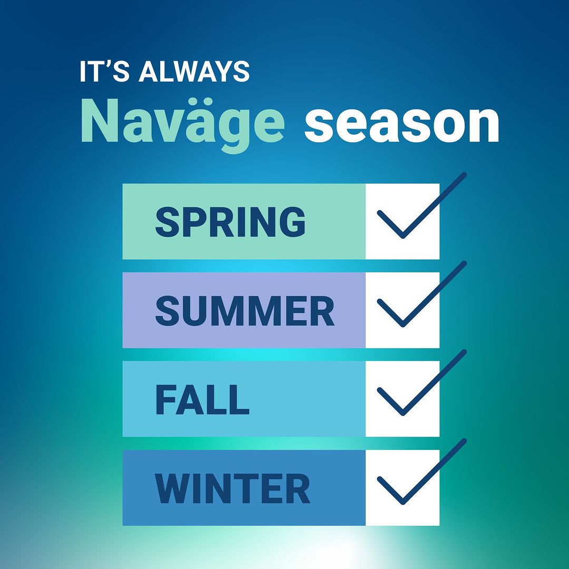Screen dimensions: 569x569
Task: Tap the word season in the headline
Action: tap(402, 124)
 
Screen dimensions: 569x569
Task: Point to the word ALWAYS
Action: tap(194, 71)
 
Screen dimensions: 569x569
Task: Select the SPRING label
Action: tap(230, 222)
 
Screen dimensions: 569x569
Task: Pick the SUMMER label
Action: tap(245, 311)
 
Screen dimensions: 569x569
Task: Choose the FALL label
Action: tap(202, 399)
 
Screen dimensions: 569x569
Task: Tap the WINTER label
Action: tap(232, 488)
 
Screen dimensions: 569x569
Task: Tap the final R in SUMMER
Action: tap(322, 311)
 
